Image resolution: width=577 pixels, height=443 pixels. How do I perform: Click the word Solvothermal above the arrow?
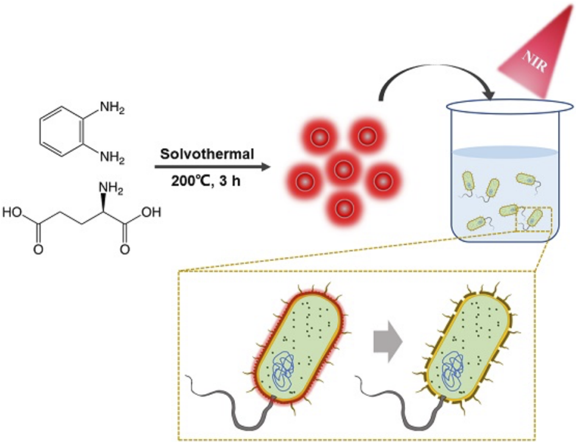(207, 154)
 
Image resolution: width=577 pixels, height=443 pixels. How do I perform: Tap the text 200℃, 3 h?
(206, 180)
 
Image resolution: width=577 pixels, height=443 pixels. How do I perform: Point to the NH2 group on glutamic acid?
(111, 189)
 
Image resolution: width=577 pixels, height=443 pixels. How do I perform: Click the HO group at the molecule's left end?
(12, 213)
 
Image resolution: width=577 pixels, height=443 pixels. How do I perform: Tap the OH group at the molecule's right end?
(151, 213)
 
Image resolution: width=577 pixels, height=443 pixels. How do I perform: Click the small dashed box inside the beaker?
(533, 219)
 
